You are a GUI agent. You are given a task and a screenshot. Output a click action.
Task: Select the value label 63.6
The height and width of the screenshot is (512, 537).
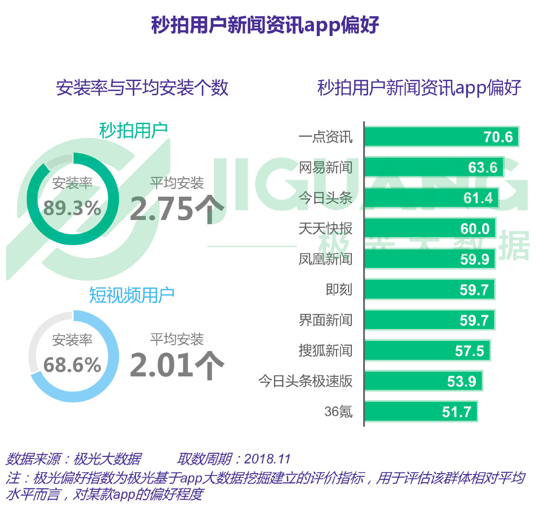pyautogui.click(x=483, y=167)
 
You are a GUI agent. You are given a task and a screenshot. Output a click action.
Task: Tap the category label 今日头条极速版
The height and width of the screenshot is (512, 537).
pyautogui.click(x=305, y=381)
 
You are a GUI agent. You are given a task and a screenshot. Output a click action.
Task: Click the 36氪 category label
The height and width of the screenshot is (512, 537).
pyautogui.click(x=338, y=411)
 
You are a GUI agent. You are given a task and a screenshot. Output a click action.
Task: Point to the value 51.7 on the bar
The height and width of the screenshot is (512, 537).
pyautogui.click(x=456, y=411)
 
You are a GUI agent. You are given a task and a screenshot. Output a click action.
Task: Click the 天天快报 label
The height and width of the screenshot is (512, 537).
pyautogui.click(x=325, y=229)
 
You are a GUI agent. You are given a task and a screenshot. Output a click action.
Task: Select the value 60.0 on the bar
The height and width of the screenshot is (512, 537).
pyautogui.click(x=474, y=229)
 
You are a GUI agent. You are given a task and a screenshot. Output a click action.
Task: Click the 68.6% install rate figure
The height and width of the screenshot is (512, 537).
pyautogui.click(x=72, y=365)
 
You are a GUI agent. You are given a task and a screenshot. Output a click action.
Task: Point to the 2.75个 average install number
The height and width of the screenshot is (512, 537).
pyautogui.click(x=176, y=209)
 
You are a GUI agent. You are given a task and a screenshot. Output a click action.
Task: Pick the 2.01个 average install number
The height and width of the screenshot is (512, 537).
pyautogui.click(x=176, y=365)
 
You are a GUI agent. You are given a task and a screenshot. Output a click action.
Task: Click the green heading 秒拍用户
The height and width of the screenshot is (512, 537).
pyautogui.click(x=133, y=130)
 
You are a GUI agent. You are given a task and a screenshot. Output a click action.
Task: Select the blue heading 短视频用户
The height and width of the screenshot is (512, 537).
pyautogui.click(x=132, y=295)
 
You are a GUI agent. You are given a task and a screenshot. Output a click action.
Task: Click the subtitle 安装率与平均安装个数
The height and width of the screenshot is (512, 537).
pyautogui.click(x=142, y=88)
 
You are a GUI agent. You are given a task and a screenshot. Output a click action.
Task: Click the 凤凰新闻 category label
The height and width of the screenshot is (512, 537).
pyautogui.click(x=325, y=259)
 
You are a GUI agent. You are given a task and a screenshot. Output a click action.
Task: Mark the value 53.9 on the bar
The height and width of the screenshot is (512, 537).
pyautogui.click(x=461, y=381)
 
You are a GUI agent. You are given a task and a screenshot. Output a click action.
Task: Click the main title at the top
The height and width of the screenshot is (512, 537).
pyautogui.click(x=265, y=25)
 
